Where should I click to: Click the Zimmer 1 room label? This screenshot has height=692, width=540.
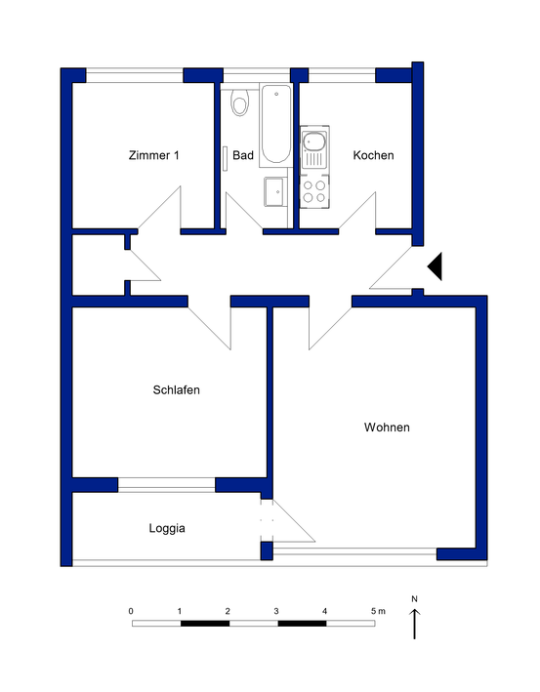pyautogui.click(x=153, y=155)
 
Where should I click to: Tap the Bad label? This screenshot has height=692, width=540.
pyautogui.click(x=243, y=155)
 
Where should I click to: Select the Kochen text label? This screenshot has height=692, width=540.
pyautogui.click(x=373, y=155)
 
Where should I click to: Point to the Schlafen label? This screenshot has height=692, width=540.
pyautogui.click(x=176, y=390)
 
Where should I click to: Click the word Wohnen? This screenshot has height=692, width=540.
pyautogui.click(x=387, y=427)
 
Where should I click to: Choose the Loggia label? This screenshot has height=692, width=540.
pyautogui.click(x=167, y=528)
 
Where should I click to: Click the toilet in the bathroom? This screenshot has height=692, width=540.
pyautogui.click(x=240, y=102)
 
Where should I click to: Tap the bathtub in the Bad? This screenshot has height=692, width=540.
pyautogui.click(x=276, y=125)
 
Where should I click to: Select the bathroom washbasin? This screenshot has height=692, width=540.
pyautogui.click(x=274, y=191)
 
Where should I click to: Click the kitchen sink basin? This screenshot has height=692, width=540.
pyautogui.click(x=314, y=142)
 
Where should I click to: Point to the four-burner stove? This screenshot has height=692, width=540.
pyautogui.click(x=314, y=191)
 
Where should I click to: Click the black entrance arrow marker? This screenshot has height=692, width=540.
pyautogui.click(x=435, y=266)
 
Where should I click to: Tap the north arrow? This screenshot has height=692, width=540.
pyautogui.click(x=415, y=624)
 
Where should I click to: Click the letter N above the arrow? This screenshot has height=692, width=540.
pyautogui.click(x=414, y=599)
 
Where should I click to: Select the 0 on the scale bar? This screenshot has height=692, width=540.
pyautogui.click(x=131, y=611)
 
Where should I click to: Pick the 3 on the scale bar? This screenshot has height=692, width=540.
pyautogui.click(x=276, y=611)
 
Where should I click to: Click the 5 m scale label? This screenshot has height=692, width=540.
pyautogui.click(x=378, y=611)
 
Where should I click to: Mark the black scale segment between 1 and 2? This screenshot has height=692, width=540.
pyautogui.click(x=205, y=623)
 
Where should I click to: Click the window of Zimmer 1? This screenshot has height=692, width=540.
pyautogui.click(x=134, y=75)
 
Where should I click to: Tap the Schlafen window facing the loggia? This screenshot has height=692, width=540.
pyautogui.click(x=166, y=484)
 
